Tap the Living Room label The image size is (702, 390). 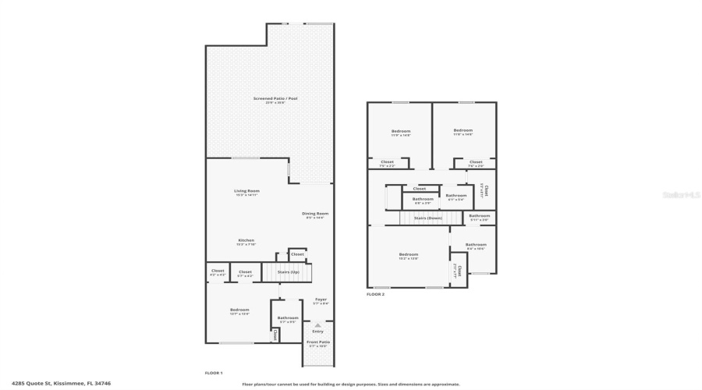point(246,191)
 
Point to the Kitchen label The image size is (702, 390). point(246,240)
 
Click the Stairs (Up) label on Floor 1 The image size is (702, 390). point(289,272)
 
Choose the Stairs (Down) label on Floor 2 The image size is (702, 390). point(428,218)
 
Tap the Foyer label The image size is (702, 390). point(321,300)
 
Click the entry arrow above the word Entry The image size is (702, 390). point(317,324)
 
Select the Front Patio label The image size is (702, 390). point(317,342)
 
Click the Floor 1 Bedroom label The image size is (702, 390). point(239,310)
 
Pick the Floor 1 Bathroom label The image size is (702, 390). point(288,317)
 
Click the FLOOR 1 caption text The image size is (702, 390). point(214,373)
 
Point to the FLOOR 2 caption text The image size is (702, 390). point(375,294)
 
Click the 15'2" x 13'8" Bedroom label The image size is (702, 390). point(408,254)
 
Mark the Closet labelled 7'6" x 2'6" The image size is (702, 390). point(476,162)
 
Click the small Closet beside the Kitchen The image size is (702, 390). point(297,254)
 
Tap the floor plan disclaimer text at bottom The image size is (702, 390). point(351,384)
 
